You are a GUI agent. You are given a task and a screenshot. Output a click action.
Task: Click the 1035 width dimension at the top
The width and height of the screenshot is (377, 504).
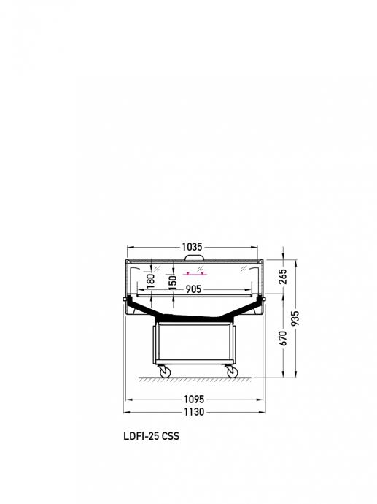point(193,247)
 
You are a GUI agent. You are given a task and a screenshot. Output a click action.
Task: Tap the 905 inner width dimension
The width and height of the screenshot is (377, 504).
point(193,289)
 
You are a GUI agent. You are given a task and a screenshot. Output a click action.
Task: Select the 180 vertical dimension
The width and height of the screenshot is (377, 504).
point(150,280)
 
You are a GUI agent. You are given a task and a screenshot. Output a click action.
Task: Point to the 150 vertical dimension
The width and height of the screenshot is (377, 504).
point(173,283)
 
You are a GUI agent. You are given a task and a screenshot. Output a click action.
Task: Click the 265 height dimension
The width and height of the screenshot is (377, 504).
point(283,277)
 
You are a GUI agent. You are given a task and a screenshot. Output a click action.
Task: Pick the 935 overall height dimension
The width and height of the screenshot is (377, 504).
point(295,318)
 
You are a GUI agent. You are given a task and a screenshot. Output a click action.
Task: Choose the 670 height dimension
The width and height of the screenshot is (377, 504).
point(283,338)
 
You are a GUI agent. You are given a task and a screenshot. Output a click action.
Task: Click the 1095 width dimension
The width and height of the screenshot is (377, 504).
point(194,400)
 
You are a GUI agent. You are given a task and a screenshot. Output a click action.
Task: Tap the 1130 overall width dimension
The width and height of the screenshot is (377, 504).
point(194,412)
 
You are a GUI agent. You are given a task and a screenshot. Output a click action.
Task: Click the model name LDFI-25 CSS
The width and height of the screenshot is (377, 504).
point(152,436)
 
